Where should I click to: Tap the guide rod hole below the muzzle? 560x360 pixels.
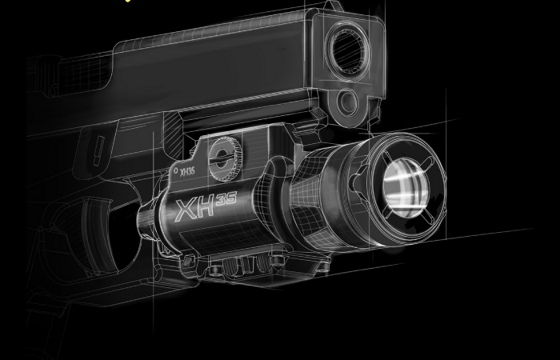[347, 102]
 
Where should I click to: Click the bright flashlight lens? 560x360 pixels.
[406, 188]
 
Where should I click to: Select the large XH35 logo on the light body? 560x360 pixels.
[206, 206]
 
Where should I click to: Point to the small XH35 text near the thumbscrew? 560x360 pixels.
[187, 172]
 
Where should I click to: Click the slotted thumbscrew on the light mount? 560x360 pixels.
[225, 158]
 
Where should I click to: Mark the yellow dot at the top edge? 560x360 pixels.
[128, 1]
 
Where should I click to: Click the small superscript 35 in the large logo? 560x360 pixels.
[226, 199]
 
